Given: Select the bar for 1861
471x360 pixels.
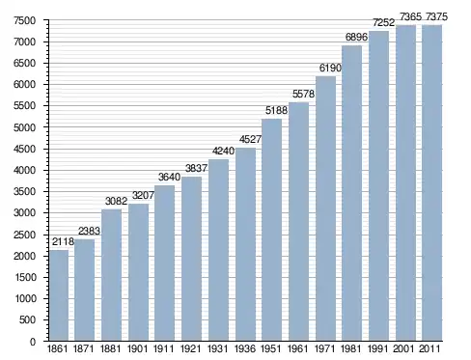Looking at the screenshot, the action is [x=59, y=295].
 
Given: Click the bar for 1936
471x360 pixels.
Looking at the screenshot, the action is [x=245, y=244].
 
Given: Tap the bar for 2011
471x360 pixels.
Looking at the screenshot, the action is [x=431, y=182].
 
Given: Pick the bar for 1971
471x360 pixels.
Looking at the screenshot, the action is [x=325, y=208].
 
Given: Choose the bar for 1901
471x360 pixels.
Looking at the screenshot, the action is [x=138, y=272].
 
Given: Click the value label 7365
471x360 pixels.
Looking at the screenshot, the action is [x=410, y=16].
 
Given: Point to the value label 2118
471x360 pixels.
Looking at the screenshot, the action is [x=63, y=241].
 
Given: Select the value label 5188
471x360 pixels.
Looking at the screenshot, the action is [x=276, y=110].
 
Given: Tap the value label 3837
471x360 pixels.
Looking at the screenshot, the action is [x=196, y=168].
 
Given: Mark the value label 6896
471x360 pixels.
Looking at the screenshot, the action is [x=356, y=37].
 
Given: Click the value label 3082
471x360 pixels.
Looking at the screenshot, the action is [x=116, y=201].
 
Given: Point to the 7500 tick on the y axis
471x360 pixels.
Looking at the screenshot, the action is [x=24, y=20].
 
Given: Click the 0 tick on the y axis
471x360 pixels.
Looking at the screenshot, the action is [x=33, y=342].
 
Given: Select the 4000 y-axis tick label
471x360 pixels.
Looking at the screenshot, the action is [x=24, y=170].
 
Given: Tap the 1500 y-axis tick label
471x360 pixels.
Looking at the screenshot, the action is [x=25, y=277].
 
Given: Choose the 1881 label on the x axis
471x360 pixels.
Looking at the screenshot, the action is [x=110, y=348].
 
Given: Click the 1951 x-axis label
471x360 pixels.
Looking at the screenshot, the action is [x=271, y=348].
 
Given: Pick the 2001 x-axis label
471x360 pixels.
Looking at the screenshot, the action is [x=404, y=348].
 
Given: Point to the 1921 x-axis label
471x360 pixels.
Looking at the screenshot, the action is [x=191, y=348].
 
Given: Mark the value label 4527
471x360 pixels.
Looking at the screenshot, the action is [x=250, y=139].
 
